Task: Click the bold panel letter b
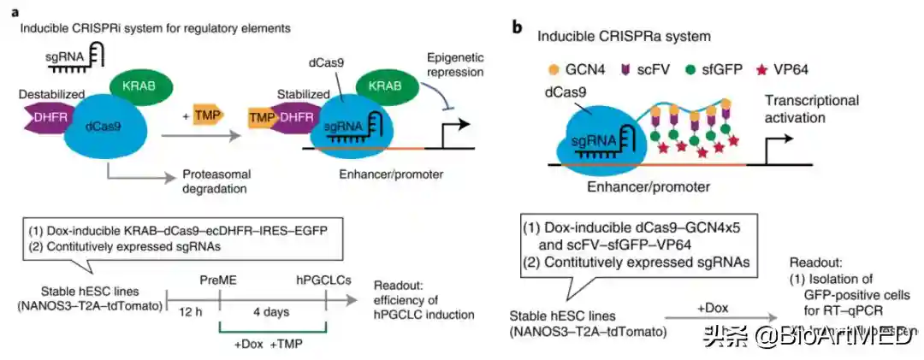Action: click(517, 27)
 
